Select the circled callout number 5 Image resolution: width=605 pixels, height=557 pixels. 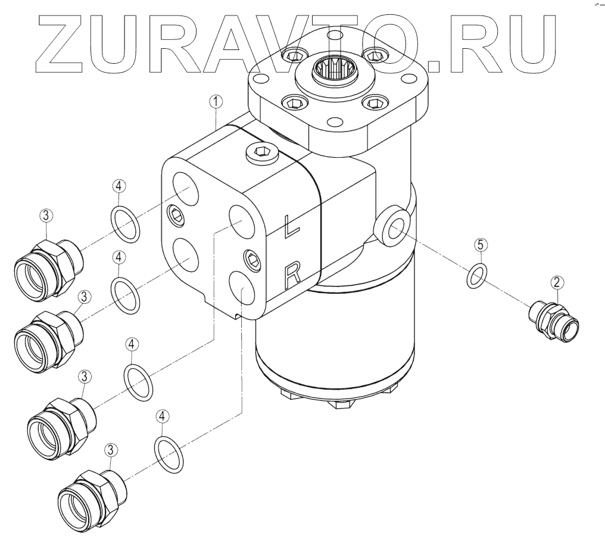click(481, 245)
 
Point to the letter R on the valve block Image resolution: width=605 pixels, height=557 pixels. click(292, 276)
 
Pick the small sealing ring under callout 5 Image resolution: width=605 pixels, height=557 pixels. click(477, 276)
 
